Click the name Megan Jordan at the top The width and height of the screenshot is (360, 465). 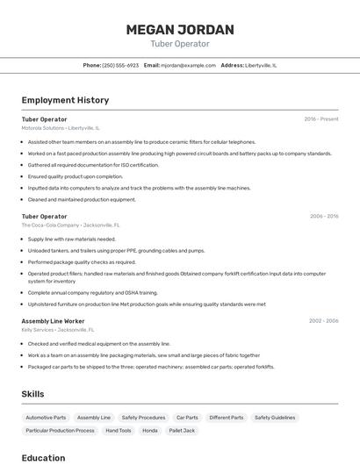tap(180, 30)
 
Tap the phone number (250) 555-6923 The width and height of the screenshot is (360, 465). tap(120, 65)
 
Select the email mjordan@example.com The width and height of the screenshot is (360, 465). tap(188, 65)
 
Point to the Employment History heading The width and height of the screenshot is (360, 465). tap(65, 100)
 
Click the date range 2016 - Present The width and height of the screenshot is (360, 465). tap(321, 119)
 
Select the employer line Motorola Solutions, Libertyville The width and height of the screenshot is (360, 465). tap(61, 128)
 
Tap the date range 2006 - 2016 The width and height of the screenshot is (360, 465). tap(324, 216)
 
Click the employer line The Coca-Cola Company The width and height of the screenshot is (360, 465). tap(70, 225)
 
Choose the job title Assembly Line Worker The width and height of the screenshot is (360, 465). tap(53, 321)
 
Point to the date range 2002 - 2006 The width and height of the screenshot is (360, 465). tap(323, 321)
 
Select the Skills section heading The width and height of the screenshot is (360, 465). tap(32, 394)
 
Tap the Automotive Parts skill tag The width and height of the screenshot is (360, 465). tap(46, 418)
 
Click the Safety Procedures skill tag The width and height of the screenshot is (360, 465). tap(143, 418)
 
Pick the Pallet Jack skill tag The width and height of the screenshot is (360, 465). tap(182, 431)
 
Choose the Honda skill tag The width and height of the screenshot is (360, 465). tap(150, 431)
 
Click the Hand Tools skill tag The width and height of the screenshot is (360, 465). tap(118, 431)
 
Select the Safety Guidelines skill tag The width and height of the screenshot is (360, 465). tap(275, 418)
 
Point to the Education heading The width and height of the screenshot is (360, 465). tap(43, 457)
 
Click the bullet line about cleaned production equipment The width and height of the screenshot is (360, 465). tap(82, 199)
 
